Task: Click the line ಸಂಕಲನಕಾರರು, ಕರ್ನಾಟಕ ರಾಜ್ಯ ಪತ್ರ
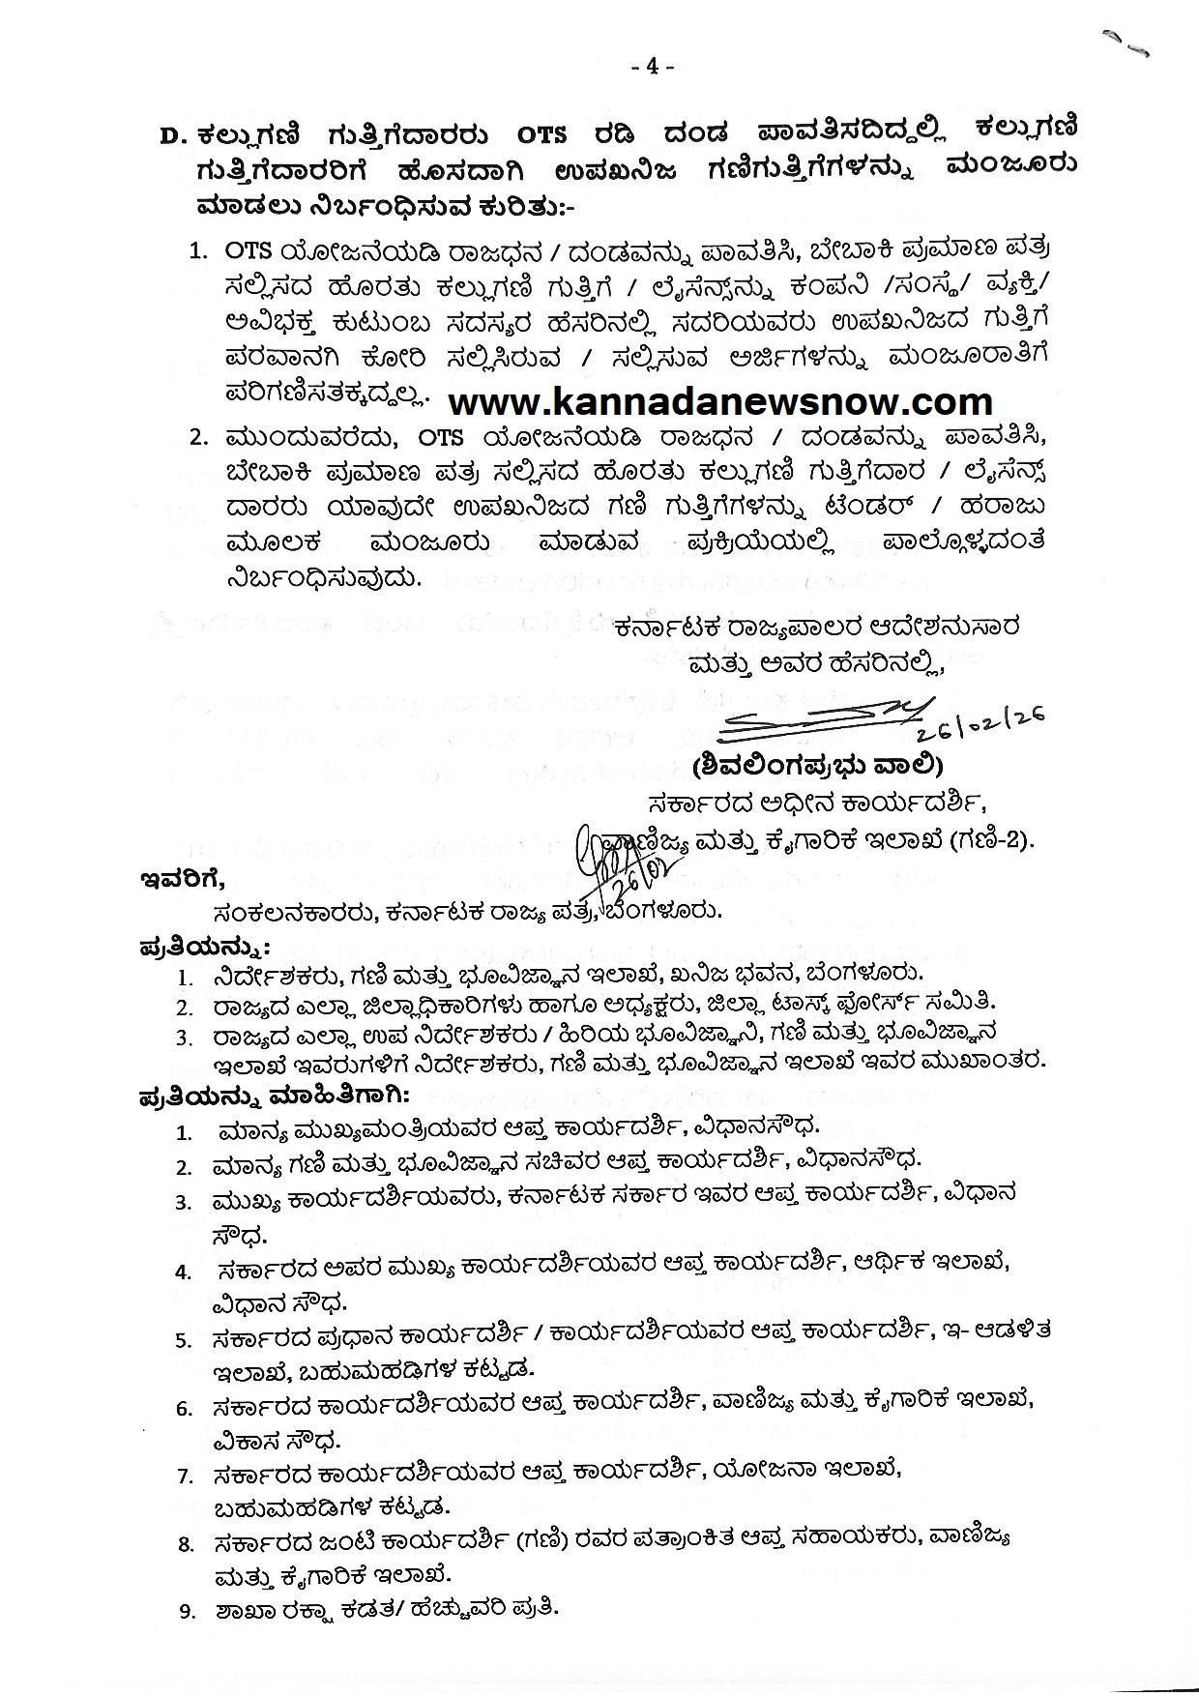click(x=469, y=911)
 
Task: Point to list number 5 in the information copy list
click(x=184, y=1340)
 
